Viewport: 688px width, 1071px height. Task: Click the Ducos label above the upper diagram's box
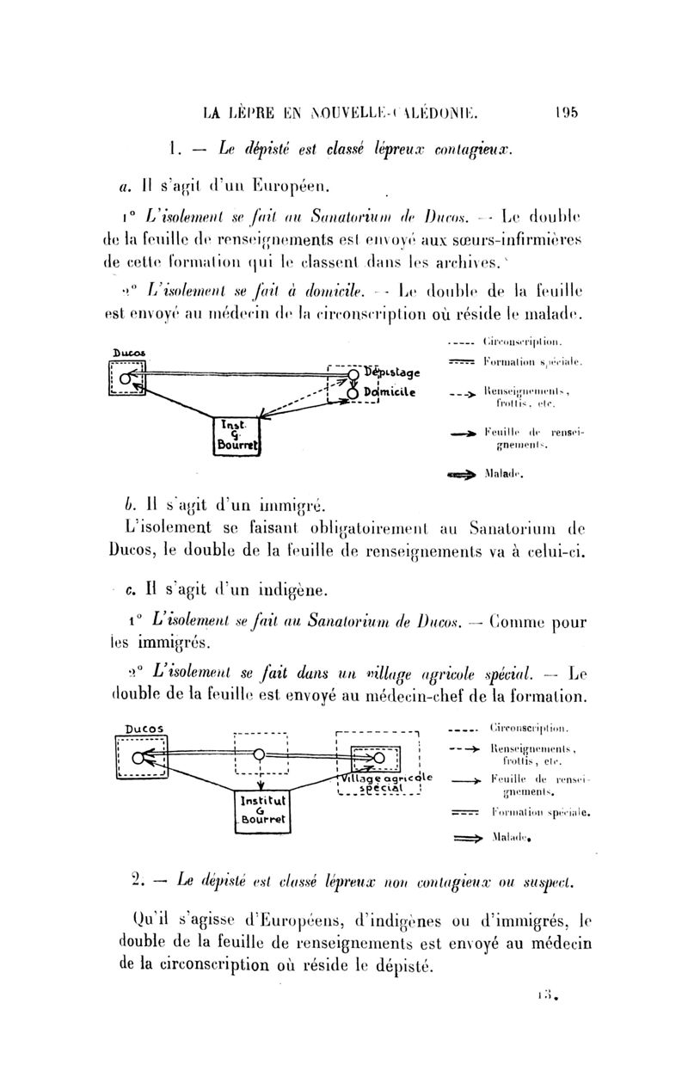(127, 353)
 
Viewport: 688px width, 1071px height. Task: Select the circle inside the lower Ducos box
(138, 758)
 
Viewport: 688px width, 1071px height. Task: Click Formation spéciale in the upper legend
(534, 363)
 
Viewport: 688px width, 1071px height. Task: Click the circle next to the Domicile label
(353, 392)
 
